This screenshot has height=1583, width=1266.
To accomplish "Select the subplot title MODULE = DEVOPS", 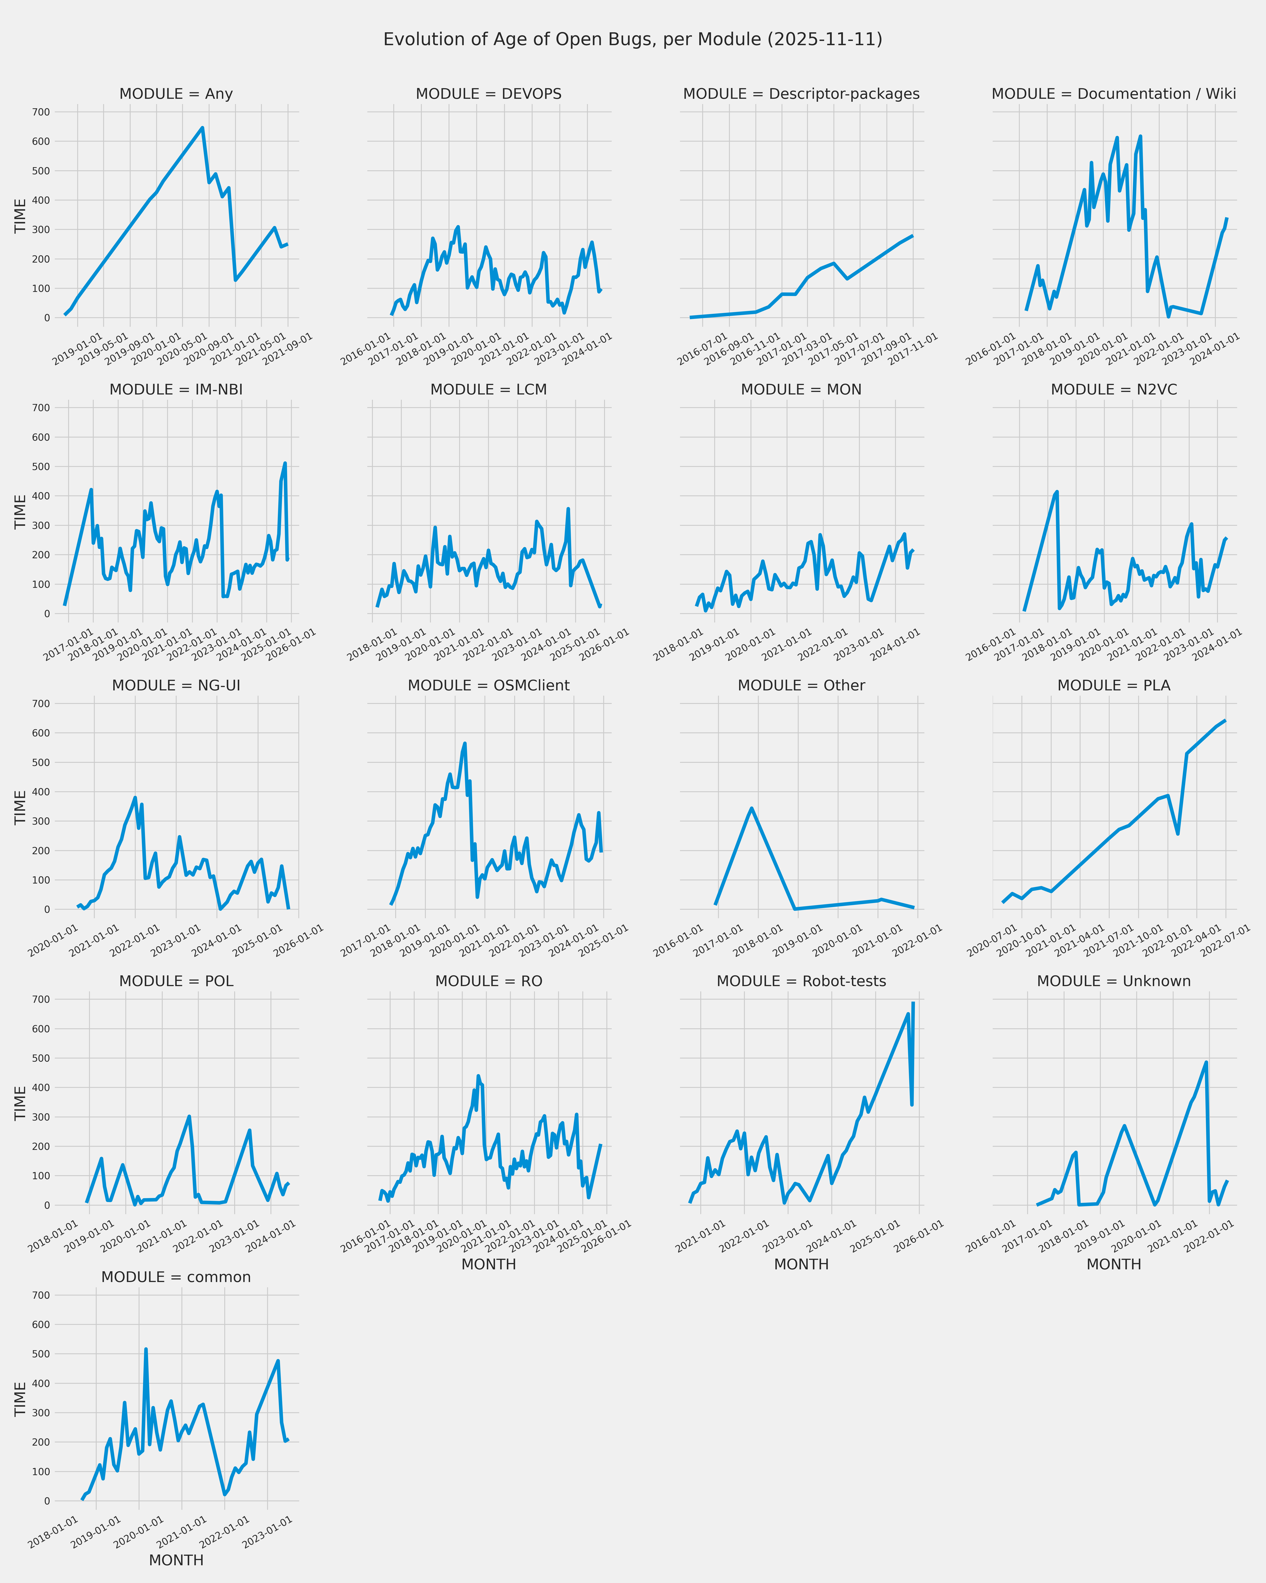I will (489, 94).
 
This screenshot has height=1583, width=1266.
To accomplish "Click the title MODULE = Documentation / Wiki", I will (1113, 94).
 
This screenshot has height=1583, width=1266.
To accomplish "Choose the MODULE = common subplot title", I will (176, 1278).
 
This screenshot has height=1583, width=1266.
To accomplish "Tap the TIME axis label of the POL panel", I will (20, 1103).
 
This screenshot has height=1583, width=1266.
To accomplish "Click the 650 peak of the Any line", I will (203, 128).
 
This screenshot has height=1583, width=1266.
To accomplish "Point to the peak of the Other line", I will (752, 808).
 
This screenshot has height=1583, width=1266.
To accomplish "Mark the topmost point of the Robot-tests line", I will (913, 1003).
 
